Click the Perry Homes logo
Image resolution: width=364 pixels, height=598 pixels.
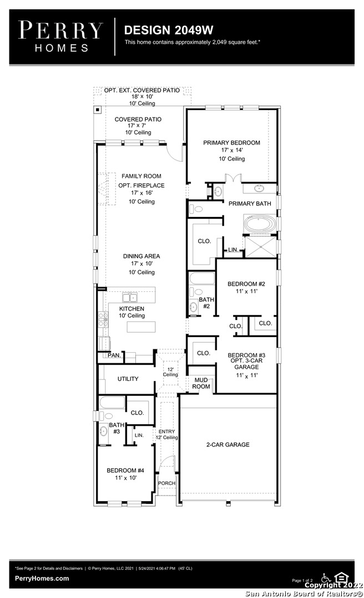(x=61, y=37)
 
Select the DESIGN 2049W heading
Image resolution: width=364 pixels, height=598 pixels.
(x=169, y=30)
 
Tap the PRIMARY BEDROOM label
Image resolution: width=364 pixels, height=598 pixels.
(x=232, y=143)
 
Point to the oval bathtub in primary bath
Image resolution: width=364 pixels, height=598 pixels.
(x=260, y=224)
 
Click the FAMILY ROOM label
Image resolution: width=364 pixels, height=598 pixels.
(x=141, y=176)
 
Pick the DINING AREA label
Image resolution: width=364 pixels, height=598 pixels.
(x=141, y=256)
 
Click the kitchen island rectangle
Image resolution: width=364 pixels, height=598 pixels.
(x=141, y=327)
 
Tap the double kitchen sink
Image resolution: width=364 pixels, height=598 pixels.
(x=130, y=297)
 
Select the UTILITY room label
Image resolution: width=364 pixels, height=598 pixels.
(x=128, y=379)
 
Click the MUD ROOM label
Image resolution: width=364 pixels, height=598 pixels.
(x=201, y=383)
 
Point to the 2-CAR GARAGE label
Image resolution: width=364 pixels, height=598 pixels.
(x=228, y=445)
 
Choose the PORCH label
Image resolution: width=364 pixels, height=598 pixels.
(x=166, y=483)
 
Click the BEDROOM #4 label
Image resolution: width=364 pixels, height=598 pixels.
(x=125, y=471)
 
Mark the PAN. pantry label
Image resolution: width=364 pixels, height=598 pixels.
(x=114, y=355)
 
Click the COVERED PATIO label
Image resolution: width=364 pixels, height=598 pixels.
(x=138, y=120)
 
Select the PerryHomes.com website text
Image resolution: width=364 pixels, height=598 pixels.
(x=42, y=578)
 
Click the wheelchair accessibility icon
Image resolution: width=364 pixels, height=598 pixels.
(x=326, y=578)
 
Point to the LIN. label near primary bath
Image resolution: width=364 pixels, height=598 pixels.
(x=233, y=250)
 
